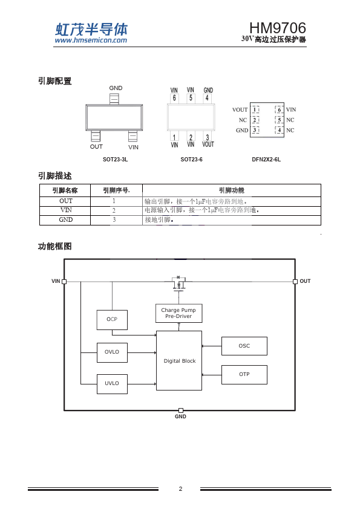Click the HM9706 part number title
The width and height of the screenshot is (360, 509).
tap(278, 28)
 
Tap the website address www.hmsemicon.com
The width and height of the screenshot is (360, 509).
tap(91, 41)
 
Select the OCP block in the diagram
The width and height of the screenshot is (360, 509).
tap(112, 320)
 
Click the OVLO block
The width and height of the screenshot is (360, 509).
tap(112, 352)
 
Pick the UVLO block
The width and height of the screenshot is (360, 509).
tap(112, 384)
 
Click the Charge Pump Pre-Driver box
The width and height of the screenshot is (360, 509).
tap(178, 313)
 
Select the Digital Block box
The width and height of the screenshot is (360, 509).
tap(179, 361)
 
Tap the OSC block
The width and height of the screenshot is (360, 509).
tap(244, 346)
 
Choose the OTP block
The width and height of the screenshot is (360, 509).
tap(244, 375)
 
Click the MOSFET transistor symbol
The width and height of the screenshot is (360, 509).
tap(178, 284)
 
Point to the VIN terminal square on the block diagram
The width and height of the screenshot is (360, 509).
tap(64, 282)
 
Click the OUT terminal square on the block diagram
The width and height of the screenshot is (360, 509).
tap(295, 282)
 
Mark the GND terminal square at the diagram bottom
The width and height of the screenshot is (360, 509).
tap(181, 410)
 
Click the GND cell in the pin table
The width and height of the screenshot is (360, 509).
tap(65, 220)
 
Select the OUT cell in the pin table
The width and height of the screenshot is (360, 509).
tap(65, 201)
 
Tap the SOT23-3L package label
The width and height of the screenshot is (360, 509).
tap(116, 160)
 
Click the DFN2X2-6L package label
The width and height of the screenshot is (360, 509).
tap(266, 160)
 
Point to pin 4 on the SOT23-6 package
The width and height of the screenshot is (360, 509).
tap(208, 98)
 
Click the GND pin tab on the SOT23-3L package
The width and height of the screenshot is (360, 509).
tap(114, 99)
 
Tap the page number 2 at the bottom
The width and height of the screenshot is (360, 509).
tap(181, 488)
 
